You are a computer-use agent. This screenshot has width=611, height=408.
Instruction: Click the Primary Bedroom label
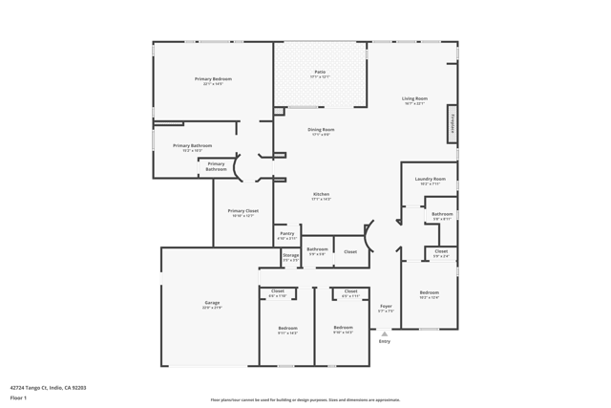(213, 79)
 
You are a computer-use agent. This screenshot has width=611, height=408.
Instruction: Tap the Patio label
(320, 72)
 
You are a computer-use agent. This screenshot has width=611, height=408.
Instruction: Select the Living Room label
(414, 98)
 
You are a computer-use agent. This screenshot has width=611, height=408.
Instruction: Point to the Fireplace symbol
(453, 123)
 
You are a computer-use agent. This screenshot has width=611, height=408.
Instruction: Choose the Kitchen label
(321, 194)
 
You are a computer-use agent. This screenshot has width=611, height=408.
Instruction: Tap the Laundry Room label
(430, 179)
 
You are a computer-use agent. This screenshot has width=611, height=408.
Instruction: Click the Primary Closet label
(242, 210)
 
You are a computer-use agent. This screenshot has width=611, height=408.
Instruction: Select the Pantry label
(287, 233)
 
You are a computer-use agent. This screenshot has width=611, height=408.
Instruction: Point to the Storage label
(290, 255)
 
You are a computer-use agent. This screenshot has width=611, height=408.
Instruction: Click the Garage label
(211, 303)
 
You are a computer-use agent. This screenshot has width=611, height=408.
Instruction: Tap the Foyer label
(386, 307)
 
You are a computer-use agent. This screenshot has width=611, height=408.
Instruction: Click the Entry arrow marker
(385, 333)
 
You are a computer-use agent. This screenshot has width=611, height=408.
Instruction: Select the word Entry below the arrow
(385, 341)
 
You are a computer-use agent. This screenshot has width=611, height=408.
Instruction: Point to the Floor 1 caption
(18, 397)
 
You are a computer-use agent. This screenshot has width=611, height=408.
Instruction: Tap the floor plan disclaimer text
(305, 400)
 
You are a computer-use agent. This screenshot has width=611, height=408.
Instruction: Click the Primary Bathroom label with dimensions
(192, 146)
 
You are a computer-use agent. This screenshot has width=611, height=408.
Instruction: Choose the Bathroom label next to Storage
(317, 249)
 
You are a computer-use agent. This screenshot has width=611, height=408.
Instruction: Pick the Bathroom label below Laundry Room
(441, 214)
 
